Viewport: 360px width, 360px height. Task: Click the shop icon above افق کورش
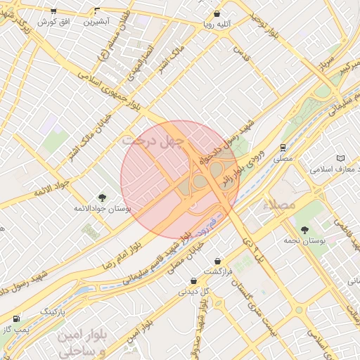[x=53, y=11]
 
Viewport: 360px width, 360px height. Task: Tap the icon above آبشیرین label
[x=97, y=11]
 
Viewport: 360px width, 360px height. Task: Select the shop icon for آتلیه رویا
[x=217, y=13]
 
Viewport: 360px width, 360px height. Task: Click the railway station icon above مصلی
[x=283, y=148]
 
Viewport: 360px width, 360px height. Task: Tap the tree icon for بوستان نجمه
[x=304, y=230]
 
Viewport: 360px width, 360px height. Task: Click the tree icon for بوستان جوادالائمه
[x=102, y=198]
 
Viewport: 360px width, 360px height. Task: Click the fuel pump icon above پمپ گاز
[x=16, y=319]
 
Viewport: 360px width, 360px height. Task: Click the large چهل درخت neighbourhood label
[x=153, y=141]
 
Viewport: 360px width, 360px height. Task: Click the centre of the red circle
[x=180, y=179]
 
